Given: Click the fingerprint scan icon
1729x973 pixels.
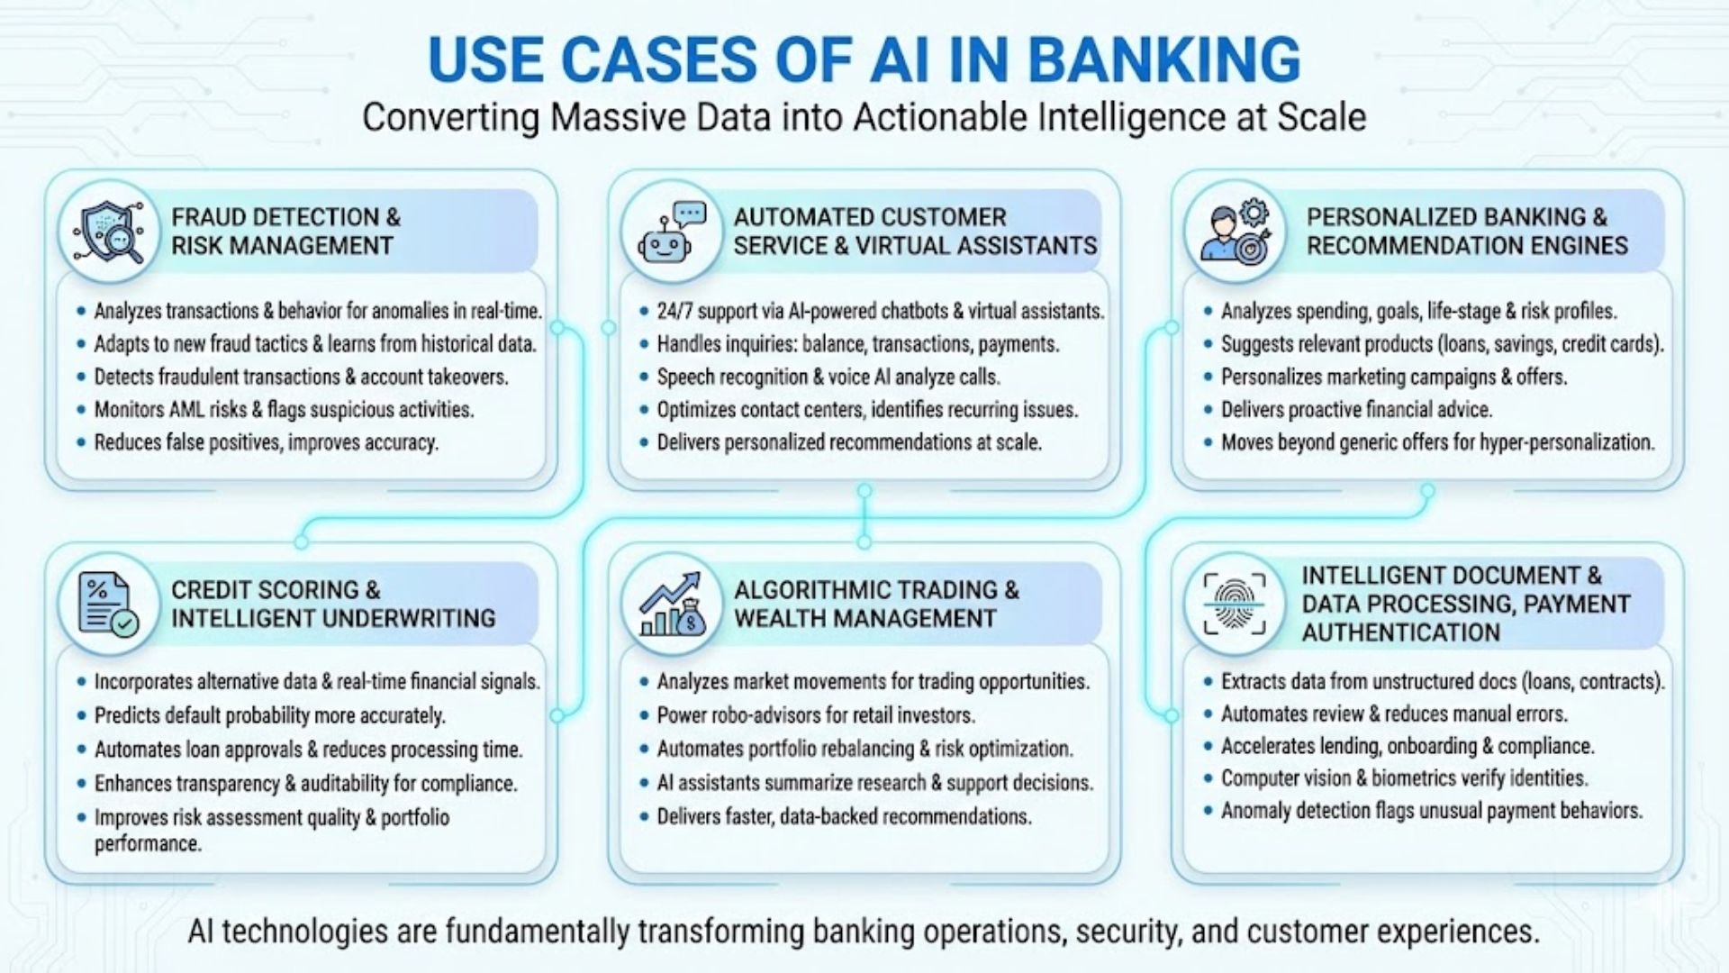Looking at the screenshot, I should click(x=1234, y=604).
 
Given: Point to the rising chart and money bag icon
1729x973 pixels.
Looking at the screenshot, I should click(x=671, y=605).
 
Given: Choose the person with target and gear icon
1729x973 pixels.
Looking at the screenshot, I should click(x=1235, y=232).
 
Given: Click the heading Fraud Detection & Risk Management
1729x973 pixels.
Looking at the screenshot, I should click(x=285, y=232).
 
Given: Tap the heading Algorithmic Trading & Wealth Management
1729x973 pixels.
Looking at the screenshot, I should click(x=875, y=604).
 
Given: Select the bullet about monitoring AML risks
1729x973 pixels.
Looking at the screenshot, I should click(x=284, y=410).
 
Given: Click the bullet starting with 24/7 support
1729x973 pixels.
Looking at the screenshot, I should click(x=880, y=312).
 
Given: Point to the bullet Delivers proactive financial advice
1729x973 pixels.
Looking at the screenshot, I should click(x=1355, y=410).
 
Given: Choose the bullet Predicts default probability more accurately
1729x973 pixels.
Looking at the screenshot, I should click(x=269, y=716).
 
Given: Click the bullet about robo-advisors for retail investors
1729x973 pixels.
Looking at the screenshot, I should click(x=815, y=716).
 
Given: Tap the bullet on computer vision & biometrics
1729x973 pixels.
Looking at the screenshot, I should click(x=1404, y=778).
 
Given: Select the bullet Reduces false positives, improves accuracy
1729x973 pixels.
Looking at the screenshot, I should click(x=266, y=443).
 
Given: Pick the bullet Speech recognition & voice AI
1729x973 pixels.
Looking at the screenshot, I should click(x=828, y=377).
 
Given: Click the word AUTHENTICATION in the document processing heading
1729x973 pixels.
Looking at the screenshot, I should click(x=1400, y=633).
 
